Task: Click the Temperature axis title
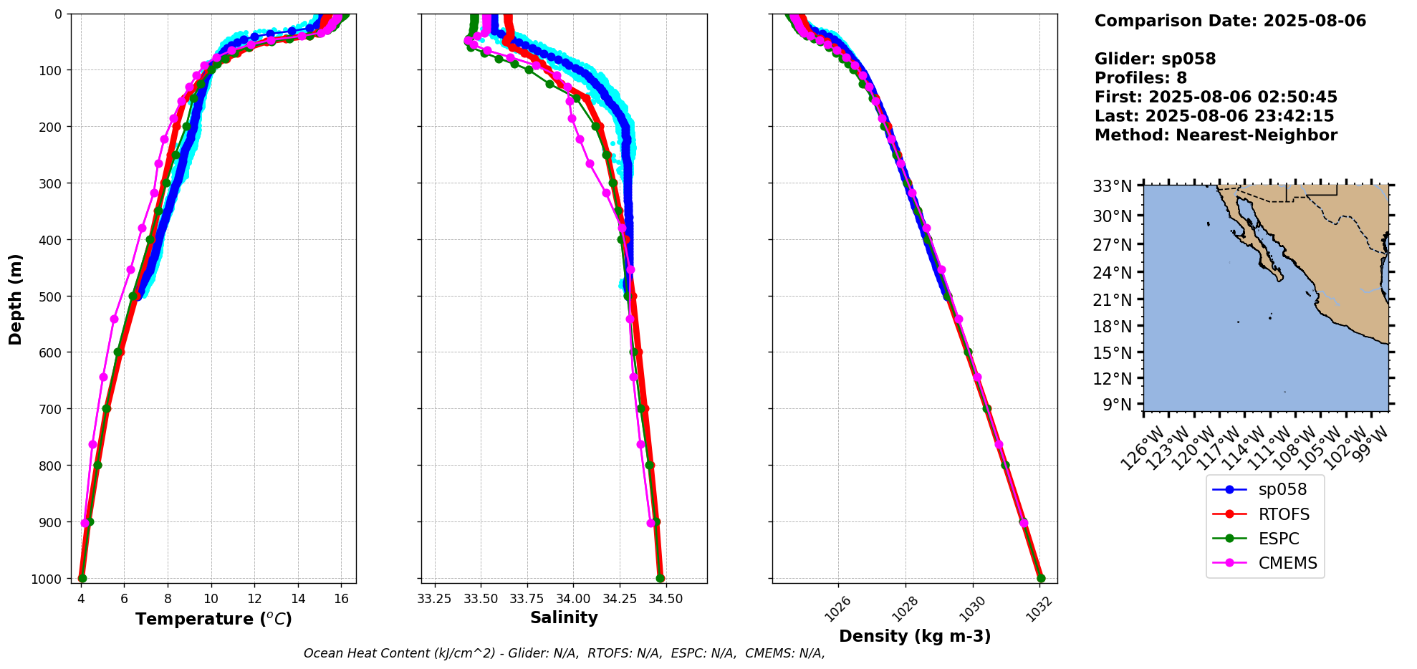click(x=213, y=619)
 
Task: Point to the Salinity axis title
click(x=564, y=617)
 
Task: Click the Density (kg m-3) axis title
click(x=915, y=636)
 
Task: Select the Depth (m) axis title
click(x=16, y=299)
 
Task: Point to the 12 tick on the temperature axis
click(x=254, y=599)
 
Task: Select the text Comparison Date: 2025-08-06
click(x=1230, y=21)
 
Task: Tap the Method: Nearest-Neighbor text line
click(x=1216, y=135)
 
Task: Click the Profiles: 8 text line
click(x=1140, y=78)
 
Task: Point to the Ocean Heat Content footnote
click(x=564, y=653)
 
